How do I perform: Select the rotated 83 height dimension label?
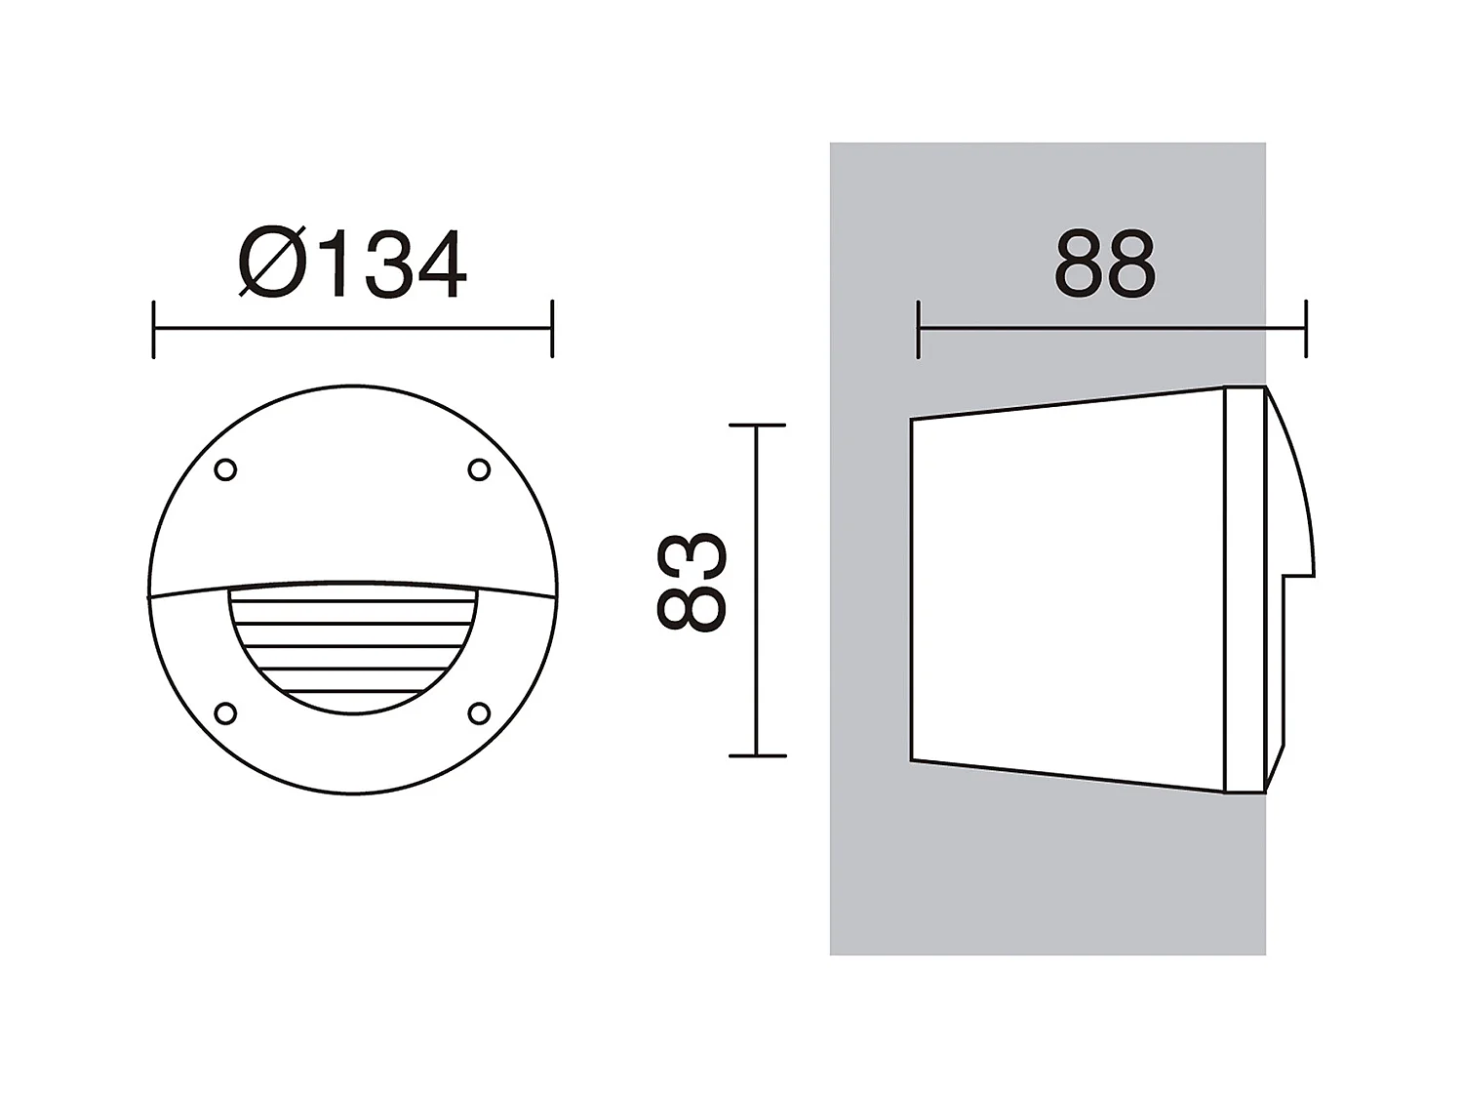pos(692,583)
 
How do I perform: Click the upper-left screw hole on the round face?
pos(225,470)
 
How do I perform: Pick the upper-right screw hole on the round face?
pos(479,470)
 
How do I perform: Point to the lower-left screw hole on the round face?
pos(225,713)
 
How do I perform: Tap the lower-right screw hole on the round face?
pos(479,713)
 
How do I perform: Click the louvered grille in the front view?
pos(353,644)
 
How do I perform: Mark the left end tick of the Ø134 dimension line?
pos(154,330)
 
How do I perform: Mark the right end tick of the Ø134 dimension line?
pos(552,330)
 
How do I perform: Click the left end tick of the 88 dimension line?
pos(919,330)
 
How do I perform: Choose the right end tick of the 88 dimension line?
pos(1306,330)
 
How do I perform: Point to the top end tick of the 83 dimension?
pos(757,426)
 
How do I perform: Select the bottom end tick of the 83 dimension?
pos(757,756)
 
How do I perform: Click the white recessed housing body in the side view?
pos(1063,590)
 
